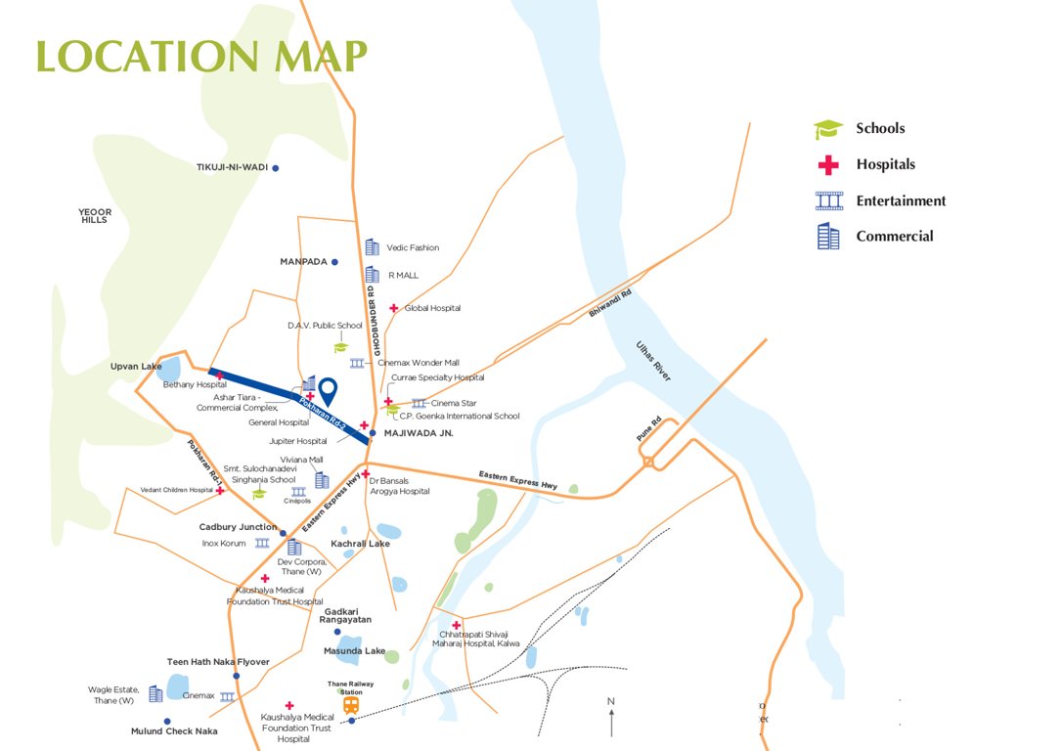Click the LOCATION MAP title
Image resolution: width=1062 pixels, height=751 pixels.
tap(202, 56)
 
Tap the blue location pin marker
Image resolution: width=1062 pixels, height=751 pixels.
tap(329, 391)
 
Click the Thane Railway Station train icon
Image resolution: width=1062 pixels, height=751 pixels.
tap(350, 704)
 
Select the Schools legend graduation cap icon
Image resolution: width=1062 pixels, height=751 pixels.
tap(828, 130)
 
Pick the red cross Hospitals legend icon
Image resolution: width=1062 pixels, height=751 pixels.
tap(828, 165)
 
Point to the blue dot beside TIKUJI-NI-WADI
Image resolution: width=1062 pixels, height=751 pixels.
tap(276, 168)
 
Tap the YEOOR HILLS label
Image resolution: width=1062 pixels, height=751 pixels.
tap(96, 216)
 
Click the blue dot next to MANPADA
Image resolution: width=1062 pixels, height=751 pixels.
tap(334, 262)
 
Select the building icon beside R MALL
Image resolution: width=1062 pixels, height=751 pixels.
tap(372, 275)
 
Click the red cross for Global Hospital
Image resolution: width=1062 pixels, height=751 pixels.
tap(394, 308)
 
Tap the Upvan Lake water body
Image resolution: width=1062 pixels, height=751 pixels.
tap(168, 369)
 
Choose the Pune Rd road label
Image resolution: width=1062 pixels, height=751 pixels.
tap(650, 433)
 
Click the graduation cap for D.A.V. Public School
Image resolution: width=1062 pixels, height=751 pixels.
tap(340, 346)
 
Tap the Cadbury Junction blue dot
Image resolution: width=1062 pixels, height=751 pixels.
tap(284, 533)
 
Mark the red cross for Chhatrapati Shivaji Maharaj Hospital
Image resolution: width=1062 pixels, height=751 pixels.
tap(456, 625)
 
